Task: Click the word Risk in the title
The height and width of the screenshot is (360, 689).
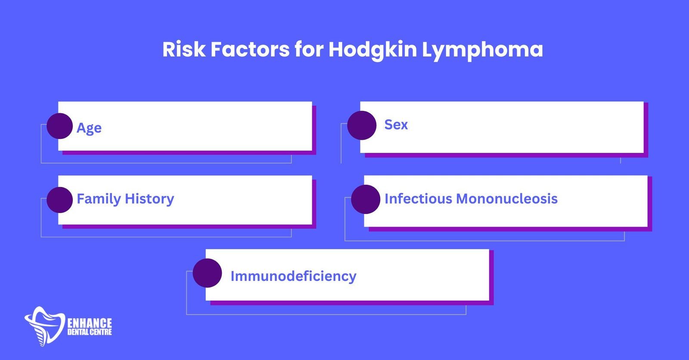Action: click(x=184, y=49)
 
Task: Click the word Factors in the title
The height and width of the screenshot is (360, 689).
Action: click(x=250, y=49)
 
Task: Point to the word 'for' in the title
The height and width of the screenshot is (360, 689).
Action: click(x=309, y=49)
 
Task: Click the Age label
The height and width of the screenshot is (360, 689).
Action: click(x=89, y=128)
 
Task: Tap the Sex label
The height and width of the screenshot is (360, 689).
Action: click(x=396, y=124)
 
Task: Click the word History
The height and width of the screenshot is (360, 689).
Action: click(x=149, y=199)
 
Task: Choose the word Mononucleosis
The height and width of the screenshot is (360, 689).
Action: click(x=507, y=199)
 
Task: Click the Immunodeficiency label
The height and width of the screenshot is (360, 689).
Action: click(x=293, y=276)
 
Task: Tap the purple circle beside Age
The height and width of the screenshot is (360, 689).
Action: click(x=60, y=126)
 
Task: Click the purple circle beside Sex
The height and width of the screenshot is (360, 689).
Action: click(x=362, y=125)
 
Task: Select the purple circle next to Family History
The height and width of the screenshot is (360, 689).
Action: click(x=60, y=200)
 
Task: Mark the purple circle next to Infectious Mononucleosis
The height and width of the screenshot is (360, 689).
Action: click(x=366, y=199)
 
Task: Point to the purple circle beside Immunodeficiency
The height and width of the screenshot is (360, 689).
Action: click(x=207, y=273)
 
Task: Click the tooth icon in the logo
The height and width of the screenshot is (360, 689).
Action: click(x=45, y=326)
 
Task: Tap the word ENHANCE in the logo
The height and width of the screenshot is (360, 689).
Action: click(x=90, y=323)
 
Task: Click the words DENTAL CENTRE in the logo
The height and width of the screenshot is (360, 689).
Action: click(x=90, y=332)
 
